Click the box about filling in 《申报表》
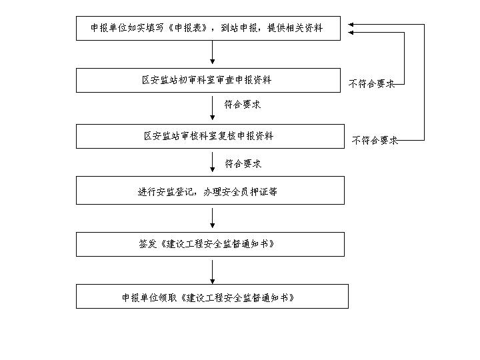208,28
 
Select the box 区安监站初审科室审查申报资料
208,80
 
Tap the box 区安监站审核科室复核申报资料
210,136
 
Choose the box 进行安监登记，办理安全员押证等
210,191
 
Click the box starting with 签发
210,244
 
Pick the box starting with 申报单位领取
212,296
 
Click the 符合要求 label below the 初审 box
243,105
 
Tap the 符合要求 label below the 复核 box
243,163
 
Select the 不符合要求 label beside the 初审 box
371,83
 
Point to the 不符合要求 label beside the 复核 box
375,141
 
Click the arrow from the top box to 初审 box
212,52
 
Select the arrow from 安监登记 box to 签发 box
212,218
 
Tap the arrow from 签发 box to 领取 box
212,272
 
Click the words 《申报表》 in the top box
187,28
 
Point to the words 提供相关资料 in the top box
295,28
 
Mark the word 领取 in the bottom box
168,297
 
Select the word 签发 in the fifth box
147,244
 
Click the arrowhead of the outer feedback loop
351,25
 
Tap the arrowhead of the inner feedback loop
351,33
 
